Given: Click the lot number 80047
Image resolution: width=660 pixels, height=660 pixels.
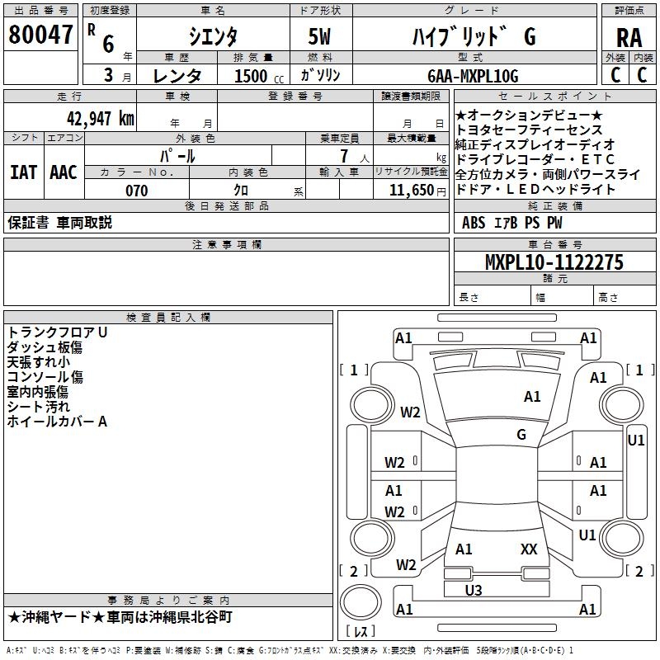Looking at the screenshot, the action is point(40,35).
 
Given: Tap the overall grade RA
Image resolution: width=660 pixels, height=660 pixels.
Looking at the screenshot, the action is point(629,38).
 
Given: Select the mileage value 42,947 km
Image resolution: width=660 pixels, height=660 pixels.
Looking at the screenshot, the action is point(101,119).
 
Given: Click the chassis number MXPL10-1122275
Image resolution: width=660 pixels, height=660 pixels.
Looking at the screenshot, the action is point(554,262).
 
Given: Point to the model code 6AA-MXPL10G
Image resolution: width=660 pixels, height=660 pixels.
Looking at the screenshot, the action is point(473,76).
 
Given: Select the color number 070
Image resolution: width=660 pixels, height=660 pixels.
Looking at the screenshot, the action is point(137,191).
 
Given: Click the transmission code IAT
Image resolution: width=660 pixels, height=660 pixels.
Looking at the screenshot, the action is point(24,172).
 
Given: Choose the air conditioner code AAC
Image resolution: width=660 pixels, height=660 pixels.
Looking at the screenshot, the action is point(64,172).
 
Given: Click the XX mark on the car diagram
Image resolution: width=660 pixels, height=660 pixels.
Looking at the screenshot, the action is point(529,549).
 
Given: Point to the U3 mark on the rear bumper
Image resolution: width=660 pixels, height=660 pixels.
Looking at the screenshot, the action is point(474,590).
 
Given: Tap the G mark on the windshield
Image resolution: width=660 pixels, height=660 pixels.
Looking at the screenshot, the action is point(521,434).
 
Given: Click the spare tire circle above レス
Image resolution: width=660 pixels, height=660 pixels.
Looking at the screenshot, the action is point(361,602).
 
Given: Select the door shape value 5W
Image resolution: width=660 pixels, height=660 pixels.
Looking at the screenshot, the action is point(319,36).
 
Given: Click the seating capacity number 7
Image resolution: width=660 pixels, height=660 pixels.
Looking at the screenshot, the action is point(345,156).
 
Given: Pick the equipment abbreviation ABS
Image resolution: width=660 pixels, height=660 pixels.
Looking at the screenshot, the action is point(474,223).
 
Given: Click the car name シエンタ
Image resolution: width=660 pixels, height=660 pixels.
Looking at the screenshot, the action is point(213,36).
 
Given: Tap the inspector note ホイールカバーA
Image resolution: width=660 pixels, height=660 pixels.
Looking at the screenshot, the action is point(57,422).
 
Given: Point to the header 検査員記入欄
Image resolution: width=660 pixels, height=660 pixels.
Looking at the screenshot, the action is point(168,318).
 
